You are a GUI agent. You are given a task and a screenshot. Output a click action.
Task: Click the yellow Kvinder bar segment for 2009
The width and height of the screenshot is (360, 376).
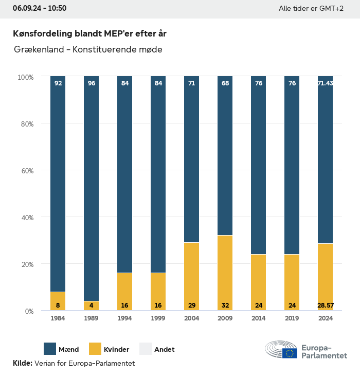[225, 273]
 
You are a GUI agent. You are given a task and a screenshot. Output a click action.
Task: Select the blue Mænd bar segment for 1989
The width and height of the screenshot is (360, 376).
[91, 188]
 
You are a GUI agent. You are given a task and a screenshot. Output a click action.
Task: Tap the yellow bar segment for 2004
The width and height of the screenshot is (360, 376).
[191, 276]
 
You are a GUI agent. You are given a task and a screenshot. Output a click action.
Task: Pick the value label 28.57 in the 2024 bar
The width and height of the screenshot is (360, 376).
[325, 306]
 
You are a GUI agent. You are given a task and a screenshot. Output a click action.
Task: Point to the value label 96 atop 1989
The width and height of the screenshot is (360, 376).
[92, 83]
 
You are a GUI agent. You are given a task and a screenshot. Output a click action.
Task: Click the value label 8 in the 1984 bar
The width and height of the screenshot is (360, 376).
[58, 306]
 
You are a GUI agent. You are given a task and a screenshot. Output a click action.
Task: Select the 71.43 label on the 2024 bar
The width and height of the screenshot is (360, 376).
[325, 83]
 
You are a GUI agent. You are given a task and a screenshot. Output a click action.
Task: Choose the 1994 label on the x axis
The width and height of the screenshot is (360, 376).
[124, 319]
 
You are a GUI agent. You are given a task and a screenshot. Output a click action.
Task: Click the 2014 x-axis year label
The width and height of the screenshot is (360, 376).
[258, 319]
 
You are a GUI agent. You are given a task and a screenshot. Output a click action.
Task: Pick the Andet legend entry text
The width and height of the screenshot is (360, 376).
[165, 350]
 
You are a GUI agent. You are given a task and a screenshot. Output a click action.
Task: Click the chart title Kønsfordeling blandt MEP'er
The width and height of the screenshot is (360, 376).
[89, 33]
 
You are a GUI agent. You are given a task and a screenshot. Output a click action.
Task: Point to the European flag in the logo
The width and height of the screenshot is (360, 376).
[290, 353]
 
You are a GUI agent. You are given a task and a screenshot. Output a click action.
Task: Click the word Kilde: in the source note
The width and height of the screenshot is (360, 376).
[23, 364]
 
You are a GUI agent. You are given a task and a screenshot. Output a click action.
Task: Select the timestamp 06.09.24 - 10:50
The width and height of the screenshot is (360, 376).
[40, 8]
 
